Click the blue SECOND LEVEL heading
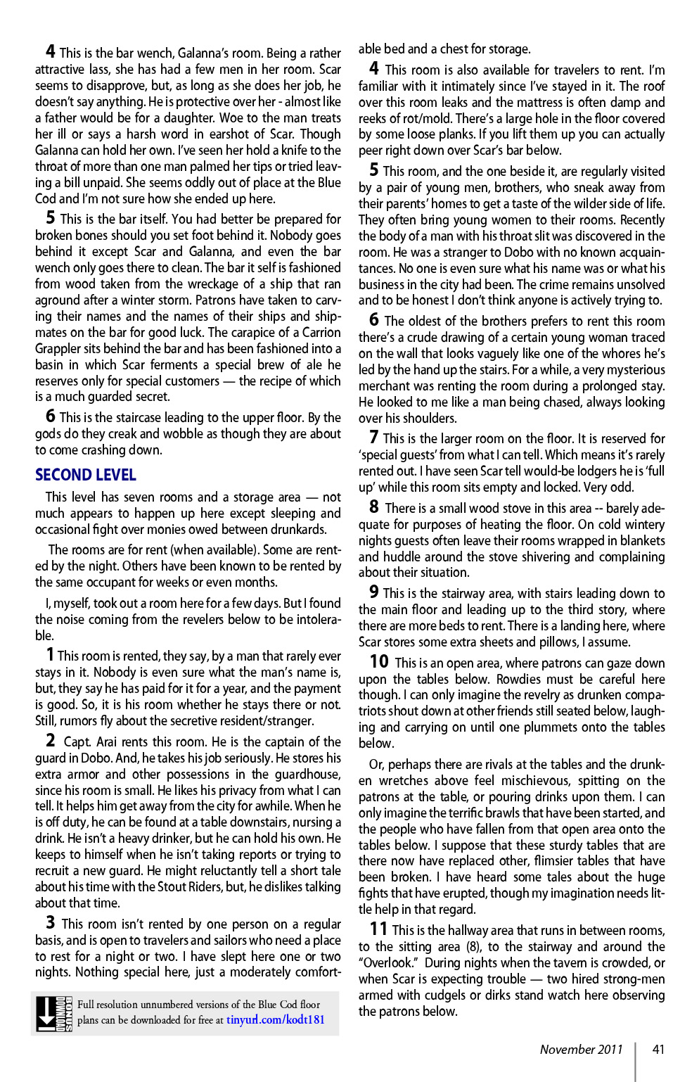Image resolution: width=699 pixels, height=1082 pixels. click(86, 475)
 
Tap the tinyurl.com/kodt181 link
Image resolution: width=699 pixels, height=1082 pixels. click(275, 1019)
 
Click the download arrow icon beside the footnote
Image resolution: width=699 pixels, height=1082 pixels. click(47, 1013)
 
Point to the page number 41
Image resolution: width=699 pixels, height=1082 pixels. click(658, 1049)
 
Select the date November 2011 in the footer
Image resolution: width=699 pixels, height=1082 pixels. click(581, 1049)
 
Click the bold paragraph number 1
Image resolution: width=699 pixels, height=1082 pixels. click(50, 655)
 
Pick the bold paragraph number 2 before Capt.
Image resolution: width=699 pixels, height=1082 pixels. click(51, 740)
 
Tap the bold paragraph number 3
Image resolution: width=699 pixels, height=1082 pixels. click(51, 922)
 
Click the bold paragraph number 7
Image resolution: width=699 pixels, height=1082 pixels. click(374, 437)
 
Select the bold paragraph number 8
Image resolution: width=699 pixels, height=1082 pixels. click(374, 507)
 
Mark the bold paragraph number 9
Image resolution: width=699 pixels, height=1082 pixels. click(374, 592)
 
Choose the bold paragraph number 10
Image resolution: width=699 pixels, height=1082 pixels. click(379, 661)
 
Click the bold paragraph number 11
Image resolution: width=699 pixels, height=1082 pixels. click(378, 929)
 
